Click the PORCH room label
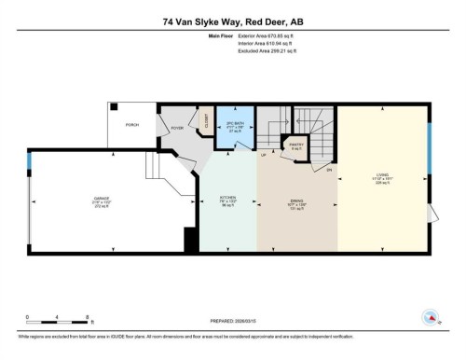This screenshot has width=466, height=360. click(x=132, y=124)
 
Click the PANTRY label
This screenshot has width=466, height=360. click(x=296, y=145)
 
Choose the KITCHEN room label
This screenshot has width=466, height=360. click(x=227, y=199)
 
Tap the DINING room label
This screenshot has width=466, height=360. click(x=296, y=199)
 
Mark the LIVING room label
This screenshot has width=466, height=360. click(x=382, y=174)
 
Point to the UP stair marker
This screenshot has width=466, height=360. click(x=263, y=156)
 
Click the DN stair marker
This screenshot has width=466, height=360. click(x=328, y=169)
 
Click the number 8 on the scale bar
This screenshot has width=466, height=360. click(x=87, y=316)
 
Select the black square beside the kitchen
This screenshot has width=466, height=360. click(x=192, y=241)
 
